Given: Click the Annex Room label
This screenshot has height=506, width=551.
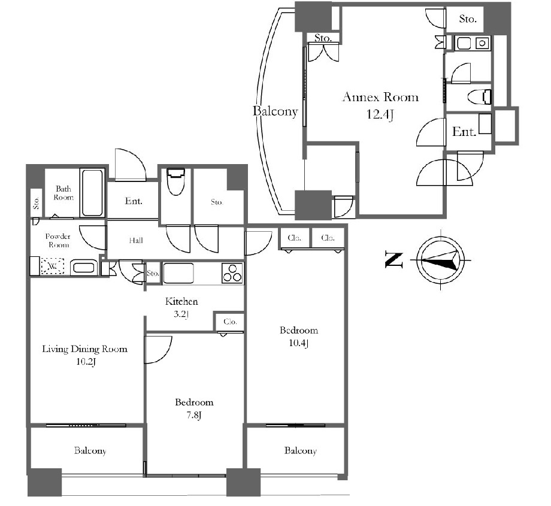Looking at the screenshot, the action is (380, 97).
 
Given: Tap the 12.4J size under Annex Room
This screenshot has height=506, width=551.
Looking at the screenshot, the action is (380, 114).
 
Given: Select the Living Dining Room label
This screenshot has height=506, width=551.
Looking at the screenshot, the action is (84, 349).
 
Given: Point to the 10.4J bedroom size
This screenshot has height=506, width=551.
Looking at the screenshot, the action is (299, 343).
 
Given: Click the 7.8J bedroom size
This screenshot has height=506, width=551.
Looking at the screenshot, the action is (194, 416).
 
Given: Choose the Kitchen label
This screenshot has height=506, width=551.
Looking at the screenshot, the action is (181, 301).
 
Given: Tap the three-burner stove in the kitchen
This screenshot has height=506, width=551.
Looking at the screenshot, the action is (232, 274).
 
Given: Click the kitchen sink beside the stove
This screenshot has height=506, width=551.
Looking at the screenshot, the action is (178, 274).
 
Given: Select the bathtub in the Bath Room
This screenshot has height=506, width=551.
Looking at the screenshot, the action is (92, 193).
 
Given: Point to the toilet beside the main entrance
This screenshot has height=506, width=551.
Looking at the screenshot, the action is (175, 181).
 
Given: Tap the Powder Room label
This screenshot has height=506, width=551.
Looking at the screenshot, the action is (58, 241).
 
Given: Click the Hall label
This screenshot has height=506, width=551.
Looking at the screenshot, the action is (136, 240).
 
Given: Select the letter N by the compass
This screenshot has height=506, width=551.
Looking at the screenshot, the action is (394, 260).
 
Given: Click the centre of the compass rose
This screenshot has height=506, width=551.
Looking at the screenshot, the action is (441, 260).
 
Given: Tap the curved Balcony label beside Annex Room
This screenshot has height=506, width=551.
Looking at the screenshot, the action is (275, 111).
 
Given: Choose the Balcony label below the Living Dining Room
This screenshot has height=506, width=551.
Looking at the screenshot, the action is (90, 451).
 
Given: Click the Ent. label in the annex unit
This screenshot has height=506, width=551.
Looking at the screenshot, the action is (464, 132).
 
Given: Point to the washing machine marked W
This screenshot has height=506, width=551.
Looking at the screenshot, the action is (53, 266).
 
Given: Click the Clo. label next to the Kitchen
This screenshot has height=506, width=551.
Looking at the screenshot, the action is (230, 322).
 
